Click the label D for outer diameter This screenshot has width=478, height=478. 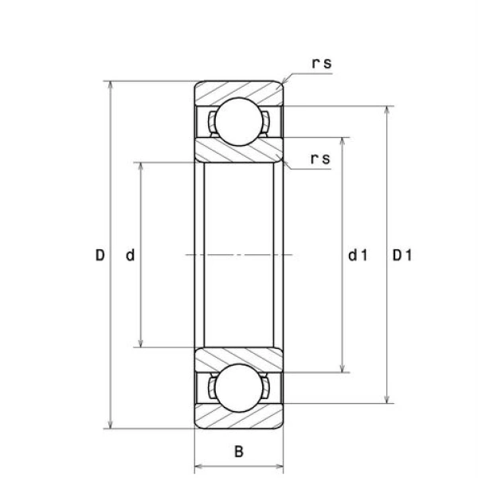pyautogui.click(x=100, y=255)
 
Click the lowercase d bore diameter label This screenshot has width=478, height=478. pyautogui.click(x=131, y=255)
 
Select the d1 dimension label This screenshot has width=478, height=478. pyautogui.click(x=358, y=255)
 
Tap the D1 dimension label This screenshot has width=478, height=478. pyautogui.click(x=402, y=255)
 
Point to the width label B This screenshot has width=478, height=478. pyautogui.click(x=239, y=453)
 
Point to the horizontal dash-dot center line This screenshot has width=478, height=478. pyautogui.click(x=239, y=255)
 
